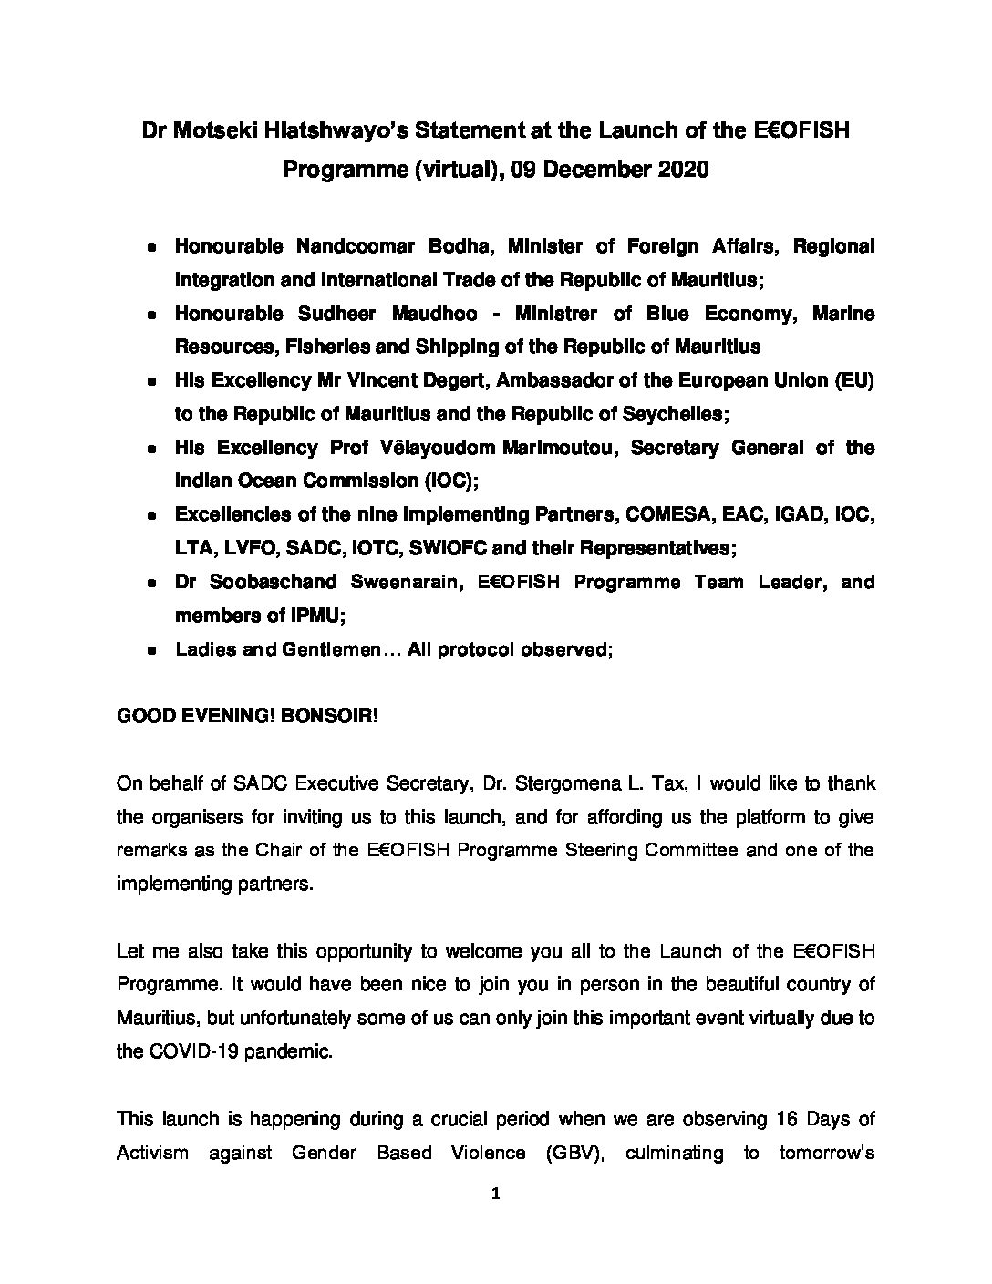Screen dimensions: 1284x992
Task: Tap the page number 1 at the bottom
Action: pos(495,1196)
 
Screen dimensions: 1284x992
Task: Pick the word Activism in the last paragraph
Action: pos(152,1153)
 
